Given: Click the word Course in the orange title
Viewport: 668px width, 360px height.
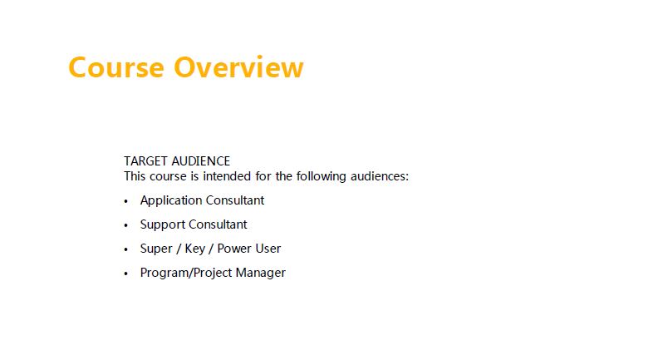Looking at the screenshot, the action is pyautogui.click(x=115, y=67).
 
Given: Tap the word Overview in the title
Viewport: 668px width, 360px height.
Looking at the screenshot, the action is pyautogui.click(x=238, y=67).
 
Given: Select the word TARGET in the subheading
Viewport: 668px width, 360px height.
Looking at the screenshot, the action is pyautogui.click(x=145, y=161).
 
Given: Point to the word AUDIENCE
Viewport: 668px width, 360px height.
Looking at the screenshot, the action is pyautogui.click(x=200, y=161).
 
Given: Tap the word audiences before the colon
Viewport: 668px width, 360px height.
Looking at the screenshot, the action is pyautogui.click(x=377, y=176).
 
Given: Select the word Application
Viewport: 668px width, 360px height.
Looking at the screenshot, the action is pyautogui.click(x=171, y=200).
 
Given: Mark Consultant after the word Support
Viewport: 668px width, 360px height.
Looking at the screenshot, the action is pyautogui.click(x=218, y=224).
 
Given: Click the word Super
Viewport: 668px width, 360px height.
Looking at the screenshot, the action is pyautogui.click(x=156, y=249).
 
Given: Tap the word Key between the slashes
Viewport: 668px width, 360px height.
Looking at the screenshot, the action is pyautogui.click(x=194, y=249).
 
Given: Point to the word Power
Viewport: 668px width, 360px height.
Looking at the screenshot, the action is pyautogui.click(x=231, y=249).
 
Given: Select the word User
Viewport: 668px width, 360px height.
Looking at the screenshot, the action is pyautogui.click(x=265, y=249).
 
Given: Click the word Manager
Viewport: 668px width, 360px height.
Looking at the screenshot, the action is pyautogui.click(x=260, y=273).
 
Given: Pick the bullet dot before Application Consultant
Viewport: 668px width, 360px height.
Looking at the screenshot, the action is pyautogui.click(x=125, y=201).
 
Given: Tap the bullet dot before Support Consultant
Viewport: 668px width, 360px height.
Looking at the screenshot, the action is pyautogui.click(x=125, y=225).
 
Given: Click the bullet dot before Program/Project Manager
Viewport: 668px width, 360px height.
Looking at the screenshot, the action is pyautogui.click(x=125, y=274).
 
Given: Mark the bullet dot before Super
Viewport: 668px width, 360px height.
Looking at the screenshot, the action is pyautogui.click(x=125, y=249).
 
